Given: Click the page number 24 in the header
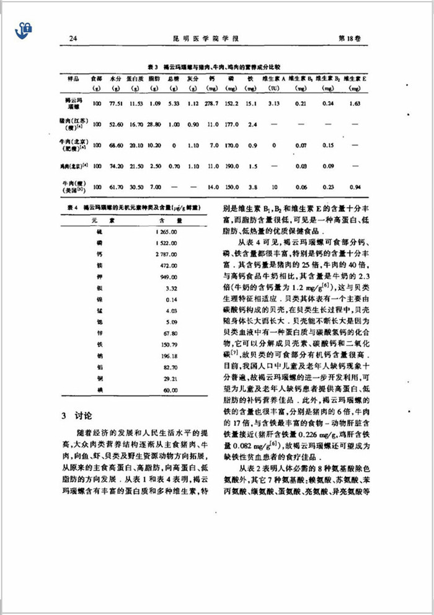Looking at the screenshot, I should tap(73, 38).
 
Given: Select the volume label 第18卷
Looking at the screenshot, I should tap(348, 38).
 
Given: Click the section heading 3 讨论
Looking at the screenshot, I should tap(79, 414).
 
